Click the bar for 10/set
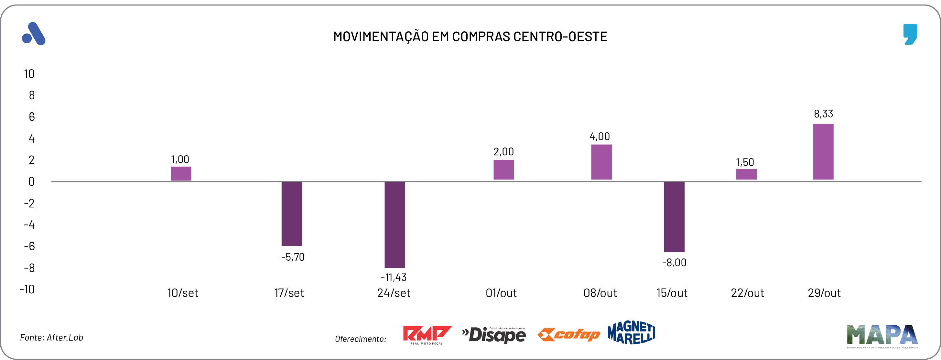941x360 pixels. [x=181, y=174]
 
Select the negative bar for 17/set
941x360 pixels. [x=291, y=213]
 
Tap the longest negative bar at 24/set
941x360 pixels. [x=395, y=224]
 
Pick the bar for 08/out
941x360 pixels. [x=601, y=162]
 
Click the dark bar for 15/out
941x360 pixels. [x=674, y=216]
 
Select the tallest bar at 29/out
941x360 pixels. [x=823, y=152]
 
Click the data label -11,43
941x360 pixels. [x=394, y=278]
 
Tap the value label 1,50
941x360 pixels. [x=745, y=162]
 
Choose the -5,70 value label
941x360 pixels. [x=293, y=257]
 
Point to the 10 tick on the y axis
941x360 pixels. [x=29, y=74]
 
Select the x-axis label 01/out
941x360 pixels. [x=501, y=293]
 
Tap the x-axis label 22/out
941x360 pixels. [x=747, y=293]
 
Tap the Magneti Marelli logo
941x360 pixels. [x=631, y=333]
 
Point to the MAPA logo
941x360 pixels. [x=882, y=335]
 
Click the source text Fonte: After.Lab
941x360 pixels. [x=51, y=338]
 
